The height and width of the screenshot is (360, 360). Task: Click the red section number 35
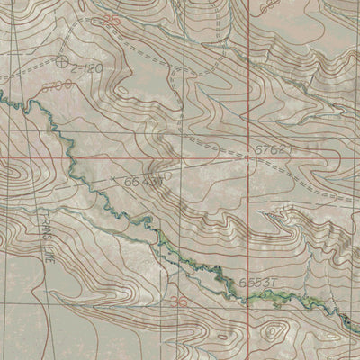[x=111, y=18]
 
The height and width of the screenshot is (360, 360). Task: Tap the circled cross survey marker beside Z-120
[x=61, y=63]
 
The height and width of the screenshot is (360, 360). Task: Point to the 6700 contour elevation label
[x=62, y=85]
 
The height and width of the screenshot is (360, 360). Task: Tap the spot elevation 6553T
[x=256, y=282]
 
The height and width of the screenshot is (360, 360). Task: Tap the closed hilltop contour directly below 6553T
[x=270, y=335]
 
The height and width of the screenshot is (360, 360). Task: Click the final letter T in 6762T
[x=291, y=150]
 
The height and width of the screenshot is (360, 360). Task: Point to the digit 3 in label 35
[x=107, y=18]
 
